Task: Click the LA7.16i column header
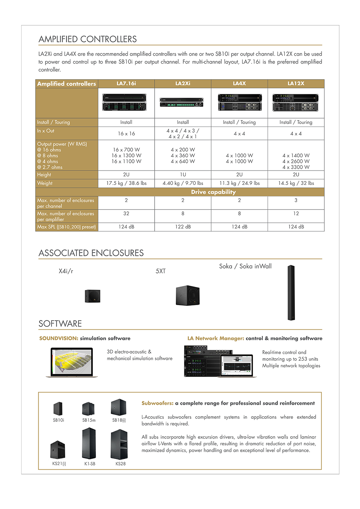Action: tap(126, 83)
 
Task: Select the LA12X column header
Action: tap(296, 83)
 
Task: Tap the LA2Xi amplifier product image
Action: tap(183, 103)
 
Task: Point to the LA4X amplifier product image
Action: tap(239, 103)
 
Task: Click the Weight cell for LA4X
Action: tap(239, 183)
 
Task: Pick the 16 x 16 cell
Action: tap(126, 133)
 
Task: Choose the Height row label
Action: tap(44, 175)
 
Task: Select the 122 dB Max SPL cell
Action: tap(183, 227)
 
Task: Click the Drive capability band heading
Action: tap(213, 192)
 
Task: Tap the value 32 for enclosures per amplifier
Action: tap(126, 214)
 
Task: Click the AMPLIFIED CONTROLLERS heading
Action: tap(88, 39)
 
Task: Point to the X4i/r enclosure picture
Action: tap(92, 296)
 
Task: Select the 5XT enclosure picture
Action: tap(188, 296)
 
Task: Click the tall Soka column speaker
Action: tap(291, 293)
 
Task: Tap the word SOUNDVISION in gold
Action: tap(58, 338)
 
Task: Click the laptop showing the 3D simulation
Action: tap(72, 362)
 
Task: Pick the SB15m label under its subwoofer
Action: tap(89, 420)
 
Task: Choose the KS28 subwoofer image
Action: tap(119, 444)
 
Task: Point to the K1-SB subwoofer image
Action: tap(89, 443)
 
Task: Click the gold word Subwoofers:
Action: tap(157, 403)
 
